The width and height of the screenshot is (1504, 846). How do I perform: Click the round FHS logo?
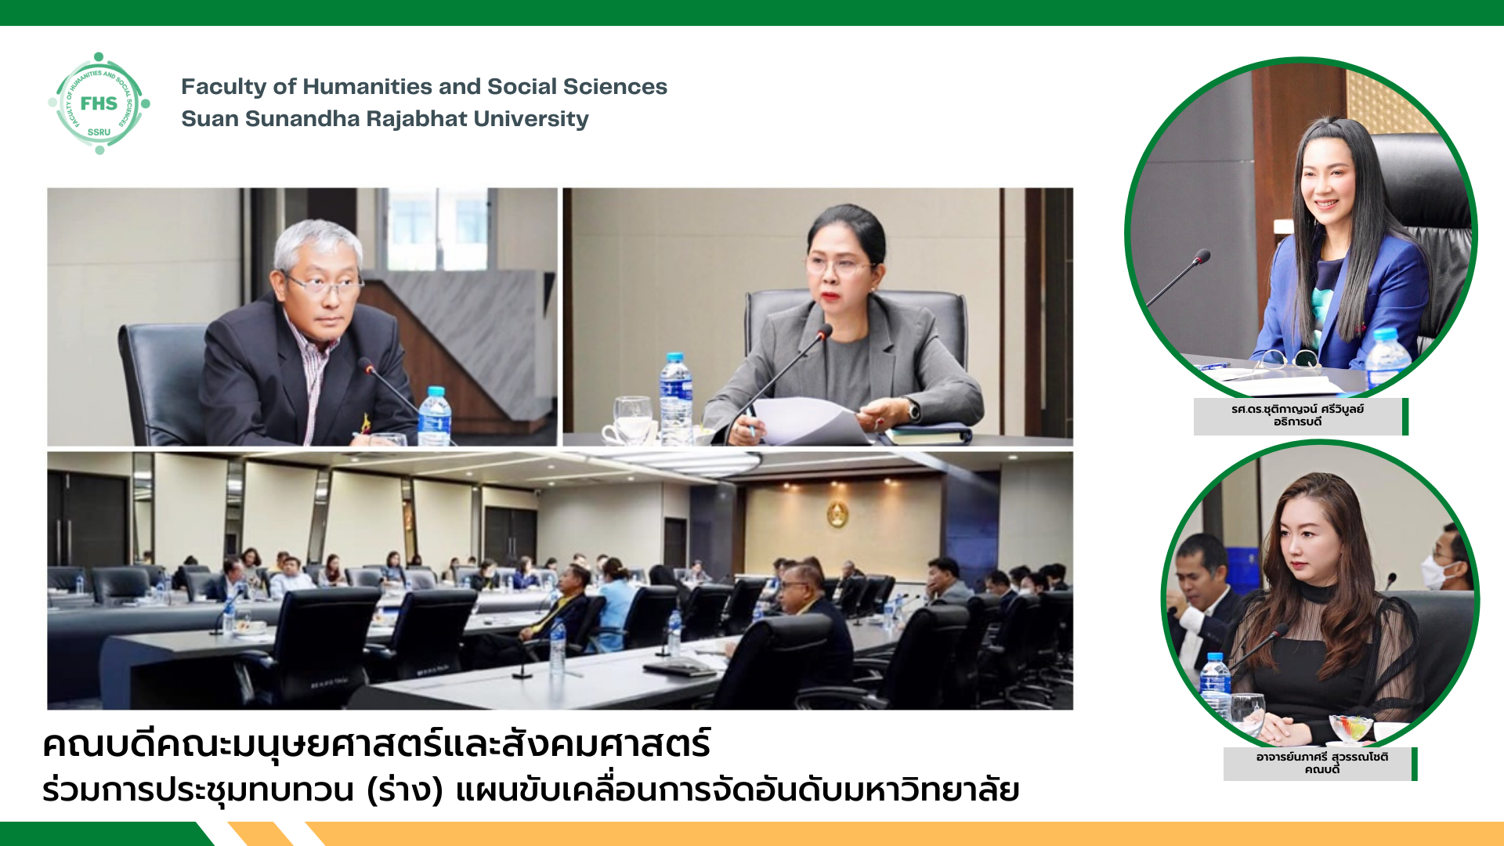(99, 103)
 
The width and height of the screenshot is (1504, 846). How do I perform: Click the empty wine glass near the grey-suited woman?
(632, 420)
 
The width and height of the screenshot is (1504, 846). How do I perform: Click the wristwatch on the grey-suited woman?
(914, 409)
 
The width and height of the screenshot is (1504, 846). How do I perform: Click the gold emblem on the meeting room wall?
(837, 514)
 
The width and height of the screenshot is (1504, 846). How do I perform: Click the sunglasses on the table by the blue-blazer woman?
(1289, 361)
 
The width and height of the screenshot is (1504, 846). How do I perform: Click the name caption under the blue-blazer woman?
(1298, 415)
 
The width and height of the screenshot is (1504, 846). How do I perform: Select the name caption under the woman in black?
(1321, 763)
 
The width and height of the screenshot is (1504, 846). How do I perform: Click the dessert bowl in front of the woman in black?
(1350, 728)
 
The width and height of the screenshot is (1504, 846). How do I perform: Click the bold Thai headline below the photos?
(376, 744)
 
